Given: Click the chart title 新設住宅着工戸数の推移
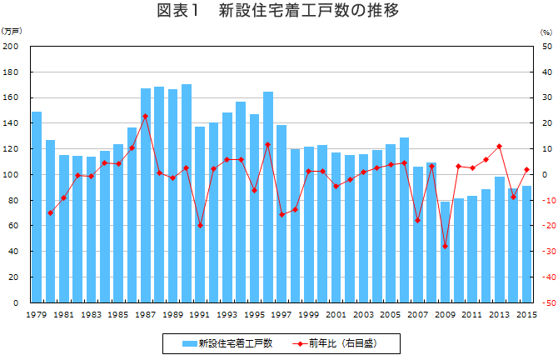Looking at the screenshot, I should (x=278, y=11).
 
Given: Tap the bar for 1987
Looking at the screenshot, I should (x=145, y=195).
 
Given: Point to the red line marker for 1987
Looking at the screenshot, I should (x=145, y=116).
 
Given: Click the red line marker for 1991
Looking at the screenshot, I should (x=200, y=226).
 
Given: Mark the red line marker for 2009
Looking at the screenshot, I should (x=445, y=247).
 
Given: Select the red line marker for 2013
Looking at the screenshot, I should (x=499, y=147).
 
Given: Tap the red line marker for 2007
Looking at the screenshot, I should (x=417, y=220).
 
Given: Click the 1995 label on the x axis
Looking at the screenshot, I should (x=254, y=314).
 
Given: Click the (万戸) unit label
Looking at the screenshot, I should (x=12, y=31).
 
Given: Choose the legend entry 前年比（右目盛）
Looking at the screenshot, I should (x=341, y=342).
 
